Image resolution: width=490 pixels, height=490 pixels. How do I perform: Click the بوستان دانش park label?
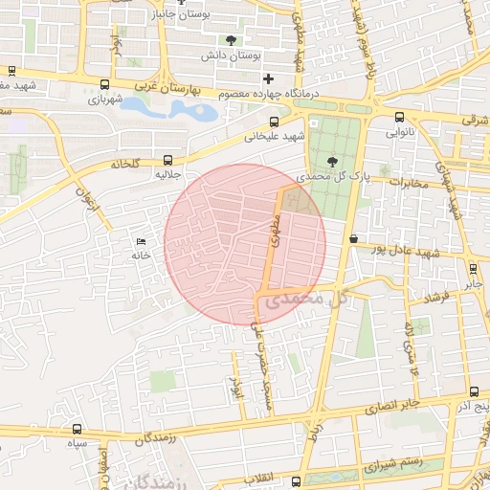231,56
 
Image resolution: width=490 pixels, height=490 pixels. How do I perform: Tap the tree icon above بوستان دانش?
230,39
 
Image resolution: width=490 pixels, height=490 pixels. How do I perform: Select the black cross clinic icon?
268,78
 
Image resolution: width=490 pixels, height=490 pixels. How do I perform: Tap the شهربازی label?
106,99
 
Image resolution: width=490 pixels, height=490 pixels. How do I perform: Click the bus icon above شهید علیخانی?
275,122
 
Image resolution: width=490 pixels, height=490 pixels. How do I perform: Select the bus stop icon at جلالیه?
168,161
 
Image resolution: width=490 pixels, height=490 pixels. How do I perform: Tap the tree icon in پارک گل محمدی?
331,162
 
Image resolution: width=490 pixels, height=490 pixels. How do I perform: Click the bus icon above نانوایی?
399,117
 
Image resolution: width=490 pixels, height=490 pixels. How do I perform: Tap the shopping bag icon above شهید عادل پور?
353,237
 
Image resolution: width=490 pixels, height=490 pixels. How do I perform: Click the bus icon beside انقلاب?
296,480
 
